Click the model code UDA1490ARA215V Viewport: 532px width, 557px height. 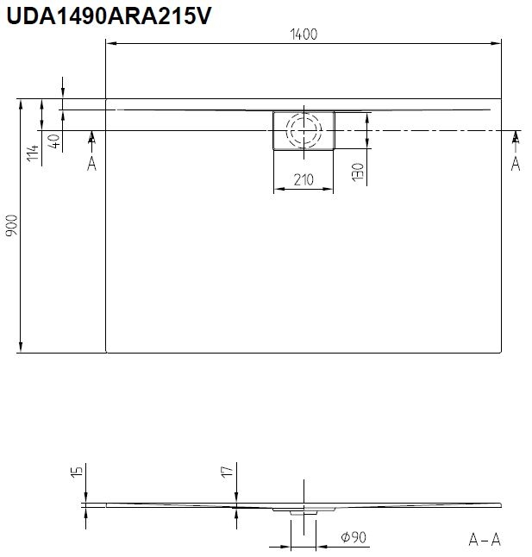(x=109, y=16)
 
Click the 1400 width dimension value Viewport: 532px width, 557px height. (x=304, y=34)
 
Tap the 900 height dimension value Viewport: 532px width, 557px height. (x=12, y=226)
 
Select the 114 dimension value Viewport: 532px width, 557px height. (x=33, y=153)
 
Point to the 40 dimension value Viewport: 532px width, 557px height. (x=53, y=141)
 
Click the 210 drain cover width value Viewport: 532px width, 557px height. (x=304, y=180)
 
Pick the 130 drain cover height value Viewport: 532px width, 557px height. (x=359, y=172)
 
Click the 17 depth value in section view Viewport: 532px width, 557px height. (x=228, y=472)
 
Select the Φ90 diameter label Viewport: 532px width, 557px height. (x=354, y=537)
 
